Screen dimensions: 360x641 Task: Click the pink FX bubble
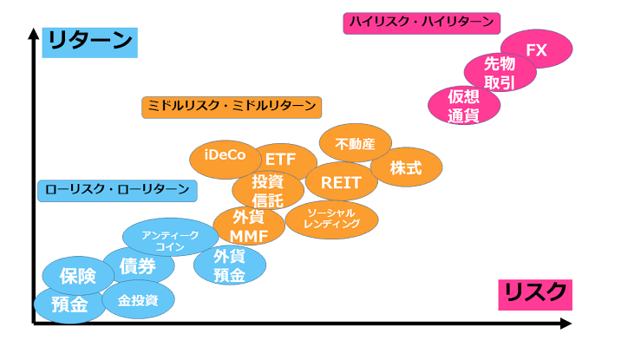click(537, 50)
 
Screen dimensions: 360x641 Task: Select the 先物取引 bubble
click(500, 73)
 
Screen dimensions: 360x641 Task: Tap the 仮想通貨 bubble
click(464, 106)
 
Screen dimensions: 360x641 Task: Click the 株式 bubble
click(406, 167)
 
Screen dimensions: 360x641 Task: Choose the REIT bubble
click(341, 182)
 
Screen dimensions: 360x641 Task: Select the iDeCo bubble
click(225, 157)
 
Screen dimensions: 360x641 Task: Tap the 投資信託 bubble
click(268, 191)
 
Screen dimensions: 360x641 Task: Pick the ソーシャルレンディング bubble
click(331, 219)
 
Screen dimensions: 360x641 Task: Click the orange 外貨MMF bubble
click(248, 226)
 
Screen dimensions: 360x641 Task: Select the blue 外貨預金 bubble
click(229, 265)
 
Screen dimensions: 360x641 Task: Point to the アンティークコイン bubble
click(170, 236)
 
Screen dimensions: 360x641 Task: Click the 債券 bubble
click(138, 266)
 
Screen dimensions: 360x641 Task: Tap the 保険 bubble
click(78, 277)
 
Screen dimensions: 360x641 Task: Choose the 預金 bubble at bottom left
click(69, 304)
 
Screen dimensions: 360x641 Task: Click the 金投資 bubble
click(138, 299)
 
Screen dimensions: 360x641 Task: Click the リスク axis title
click(534, 293)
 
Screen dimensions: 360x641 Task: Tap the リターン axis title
click(91, 41)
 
